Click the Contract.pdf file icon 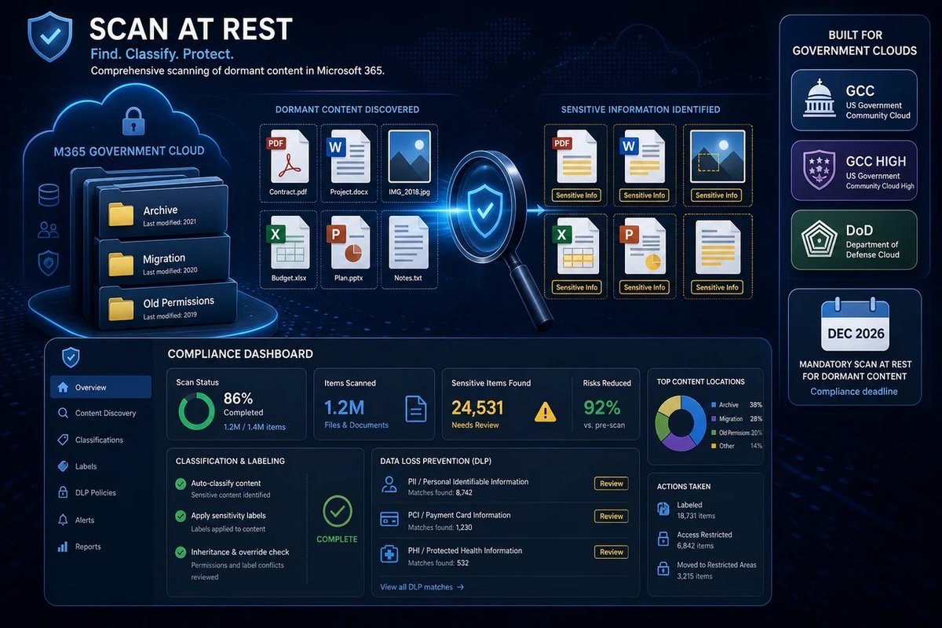point(288,156)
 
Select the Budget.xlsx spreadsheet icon point(288,243)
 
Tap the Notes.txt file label point(408,278)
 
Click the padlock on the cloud point(133,121)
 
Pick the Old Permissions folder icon point(121,309)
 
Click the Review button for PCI point(611,516)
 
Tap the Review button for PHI point(611,552)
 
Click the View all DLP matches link point(422,586)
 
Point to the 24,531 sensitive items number point(477,407)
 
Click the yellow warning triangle point(545,412)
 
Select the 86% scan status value point(238,398)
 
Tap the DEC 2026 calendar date point(856,334)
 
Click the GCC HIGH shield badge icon point(819,170)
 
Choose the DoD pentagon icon point(818,239)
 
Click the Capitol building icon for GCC point(819,98)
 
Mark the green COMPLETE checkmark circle point(338,511)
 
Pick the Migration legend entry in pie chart point(736,419)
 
